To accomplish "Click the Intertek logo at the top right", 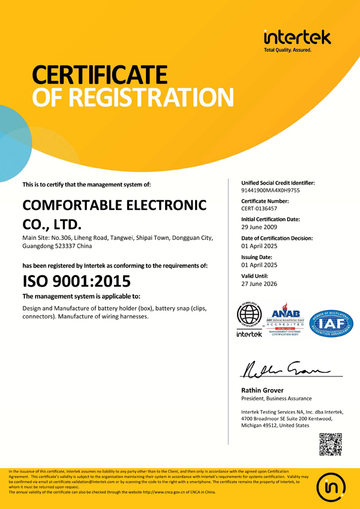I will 296,40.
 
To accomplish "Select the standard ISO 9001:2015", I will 76,281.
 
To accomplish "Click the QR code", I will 330,444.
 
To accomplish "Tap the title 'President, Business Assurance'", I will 276,399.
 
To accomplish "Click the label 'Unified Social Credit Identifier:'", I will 278,182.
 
